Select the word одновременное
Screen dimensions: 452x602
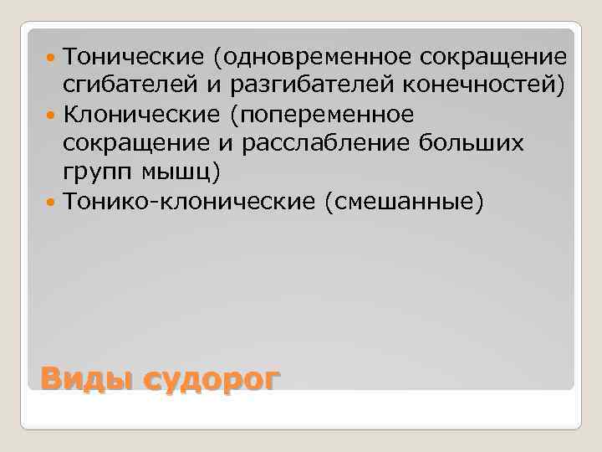tap(315, 58)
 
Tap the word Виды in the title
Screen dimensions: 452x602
tap(87, 379)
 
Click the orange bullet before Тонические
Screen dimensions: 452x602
tap(52, 58)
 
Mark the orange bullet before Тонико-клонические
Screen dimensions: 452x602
tap(52, 201)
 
